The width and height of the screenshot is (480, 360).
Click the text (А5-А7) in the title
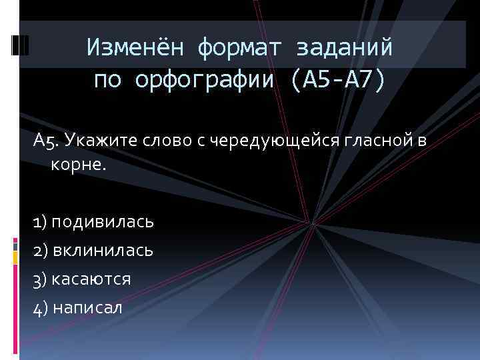(x=338, y=81)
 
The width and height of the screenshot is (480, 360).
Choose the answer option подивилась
(x=102, y=221)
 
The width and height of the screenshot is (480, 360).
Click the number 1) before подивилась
(x=41, y=221)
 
